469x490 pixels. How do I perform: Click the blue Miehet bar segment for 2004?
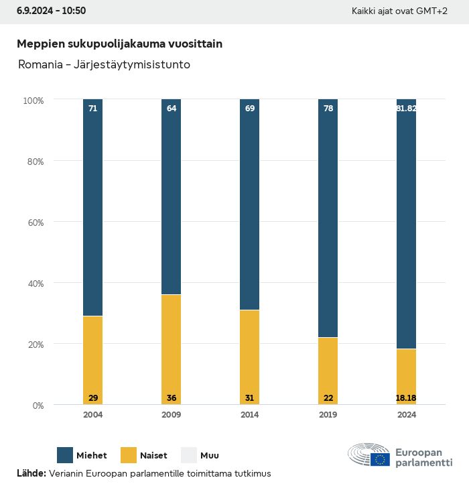(x=93, y=208)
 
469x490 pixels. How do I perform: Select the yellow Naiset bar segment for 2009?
(x=172, y=349)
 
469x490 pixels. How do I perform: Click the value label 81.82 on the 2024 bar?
(x=406, y=108)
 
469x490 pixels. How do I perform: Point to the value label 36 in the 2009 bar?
(x=172, y=398)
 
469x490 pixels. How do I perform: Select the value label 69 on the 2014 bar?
(x=250, y=108)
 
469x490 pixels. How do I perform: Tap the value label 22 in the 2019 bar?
(x=328, y=398)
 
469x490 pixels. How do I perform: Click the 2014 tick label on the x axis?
(x=250, y=415)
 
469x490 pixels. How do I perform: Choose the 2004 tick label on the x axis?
(x=93, y=415)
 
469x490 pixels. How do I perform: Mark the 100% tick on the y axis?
(x=33, y=101)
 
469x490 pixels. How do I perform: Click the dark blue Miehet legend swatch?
(x=65, y=455)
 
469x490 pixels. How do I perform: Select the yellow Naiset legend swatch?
(x=129, y=455)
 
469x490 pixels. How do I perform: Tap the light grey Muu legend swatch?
(x=188, y=455)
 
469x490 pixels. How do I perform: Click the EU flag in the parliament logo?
(x=381, y=459)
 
